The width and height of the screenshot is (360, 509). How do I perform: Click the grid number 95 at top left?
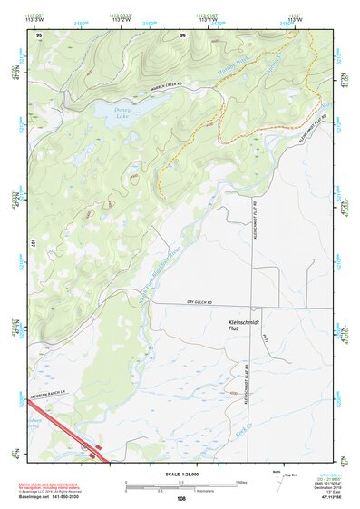tap(39, 35)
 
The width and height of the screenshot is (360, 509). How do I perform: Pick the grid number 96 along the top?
tap(183, 35)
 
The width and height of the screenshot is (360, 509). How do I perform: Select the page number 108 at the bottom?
tap(181, 498)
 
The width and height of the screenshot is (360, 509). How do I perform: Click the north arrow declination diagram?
tap(278, 477)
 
